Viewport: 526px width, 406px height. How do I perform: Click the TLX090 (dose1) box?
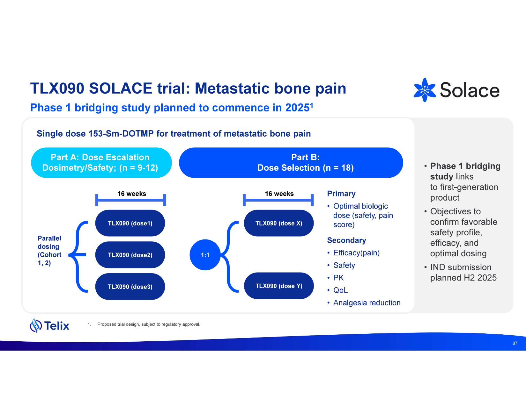coord(130,223)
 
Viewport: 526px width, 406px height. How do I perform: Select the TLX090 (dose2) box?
coord(130,255)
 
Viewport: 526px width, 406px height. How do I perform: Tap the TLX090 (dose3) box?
coord(130,287)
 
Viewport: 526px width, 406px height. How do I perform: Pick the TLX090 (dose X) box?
coord(279,223)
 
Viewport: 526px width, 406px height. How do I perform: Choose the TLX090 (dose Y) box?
coord(279,286)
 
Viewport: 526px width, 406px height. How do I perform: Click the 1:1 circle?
coord(205,255)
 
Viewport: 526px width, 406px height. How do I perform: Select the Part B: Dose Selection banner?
coord(291,162)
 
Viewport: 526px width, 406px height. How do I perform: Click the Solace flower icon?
coord(425,90)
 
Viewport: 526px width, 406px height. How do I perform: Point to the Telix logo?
coord(50,325)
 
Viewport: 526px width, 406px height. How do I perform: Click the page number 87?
coord(515,343)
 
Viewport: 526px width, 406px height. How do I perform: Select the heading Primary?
coord(341,194)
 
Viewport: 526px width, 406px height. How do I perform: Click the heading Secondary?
coord(346,240)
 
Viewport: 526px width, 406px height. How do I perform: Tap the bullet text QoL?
coord(340,290)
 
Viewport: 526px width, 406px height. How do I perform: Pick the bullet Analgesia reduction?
coord(367,303)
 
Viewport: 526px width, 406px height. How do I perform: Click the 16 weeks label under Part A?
coord(132,194)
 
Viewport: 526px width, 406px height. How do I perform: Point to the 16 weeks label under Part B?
coord(279,194)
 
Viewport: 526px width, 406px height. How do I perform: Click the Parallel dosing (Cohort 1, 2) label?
coord(49,251)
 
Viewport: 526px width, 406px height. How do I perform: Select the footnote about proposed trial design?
coord(149,324)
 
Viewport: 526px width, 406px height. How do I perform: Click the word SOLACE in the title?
coord(121,88)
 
